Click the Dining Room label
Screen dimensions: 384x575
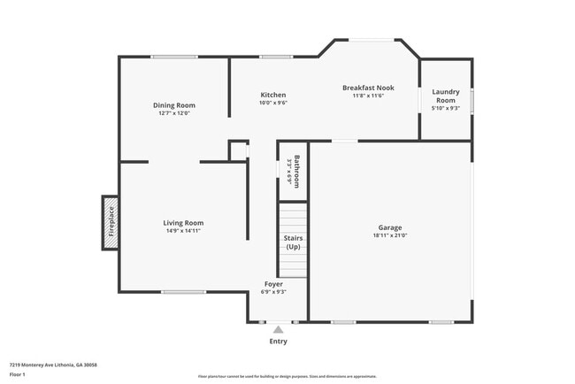[x=174, y=105]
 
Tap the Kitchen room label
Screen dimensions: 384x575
[x=272, y=95]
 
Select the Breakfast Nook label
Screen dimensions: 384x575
[x=368, y=88]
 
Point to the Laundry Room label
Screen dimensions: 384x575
[x=444, y=96]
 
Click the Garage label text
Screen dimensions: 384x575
[x=390, y=227]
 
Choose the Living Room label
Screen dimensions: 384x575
[x=183, y=223]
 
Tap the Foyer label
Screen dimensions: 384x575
[x=273, y=284]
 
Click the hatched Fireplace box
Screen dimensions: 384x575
[x=111, y=222]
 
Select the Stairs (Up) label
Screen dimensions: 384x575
[x=294, y=243]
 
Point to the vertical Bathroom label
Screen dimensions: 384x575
[x=297, y=171]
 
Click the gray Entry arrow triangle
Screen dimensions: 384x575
[x=278, y=330]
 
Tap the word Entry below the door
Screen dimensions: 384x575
[x=278, y=342]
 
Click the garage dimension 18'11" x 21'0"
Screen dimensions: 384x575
[x=390, y=236]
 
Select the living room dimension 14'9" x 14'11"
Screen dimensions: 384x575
[x=183, y=231]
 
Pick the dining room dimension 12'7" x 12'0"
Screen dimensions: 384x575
[x=174, y=113]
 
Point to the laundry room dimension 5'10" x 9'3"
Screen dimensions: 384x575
[x=444, y=109]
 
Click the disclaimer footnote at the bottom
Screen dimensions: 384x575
[x=287, y=376]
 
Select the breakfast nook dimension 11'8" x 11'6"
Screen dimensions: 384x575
[x=368, y=96]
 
